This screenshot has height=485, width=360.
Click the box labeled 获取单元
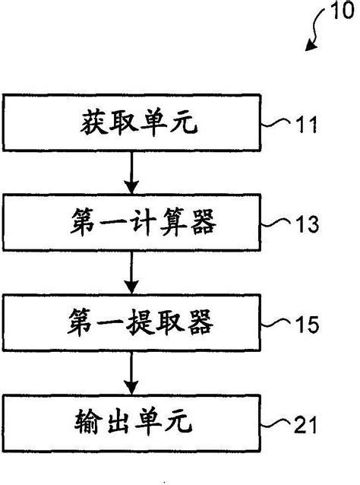click(131, 122)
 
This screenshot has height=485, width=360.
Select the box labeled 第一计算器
click(131, 223)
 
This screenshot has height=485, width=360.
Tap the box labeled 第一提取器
click(131, 323)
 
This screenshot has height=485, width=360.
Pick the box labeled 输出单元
click(131, 420)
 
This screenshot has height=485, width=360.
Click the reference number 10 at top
click(339, 12)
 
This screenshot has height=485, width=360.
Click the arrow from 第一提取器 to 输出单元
click(132, 372)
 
